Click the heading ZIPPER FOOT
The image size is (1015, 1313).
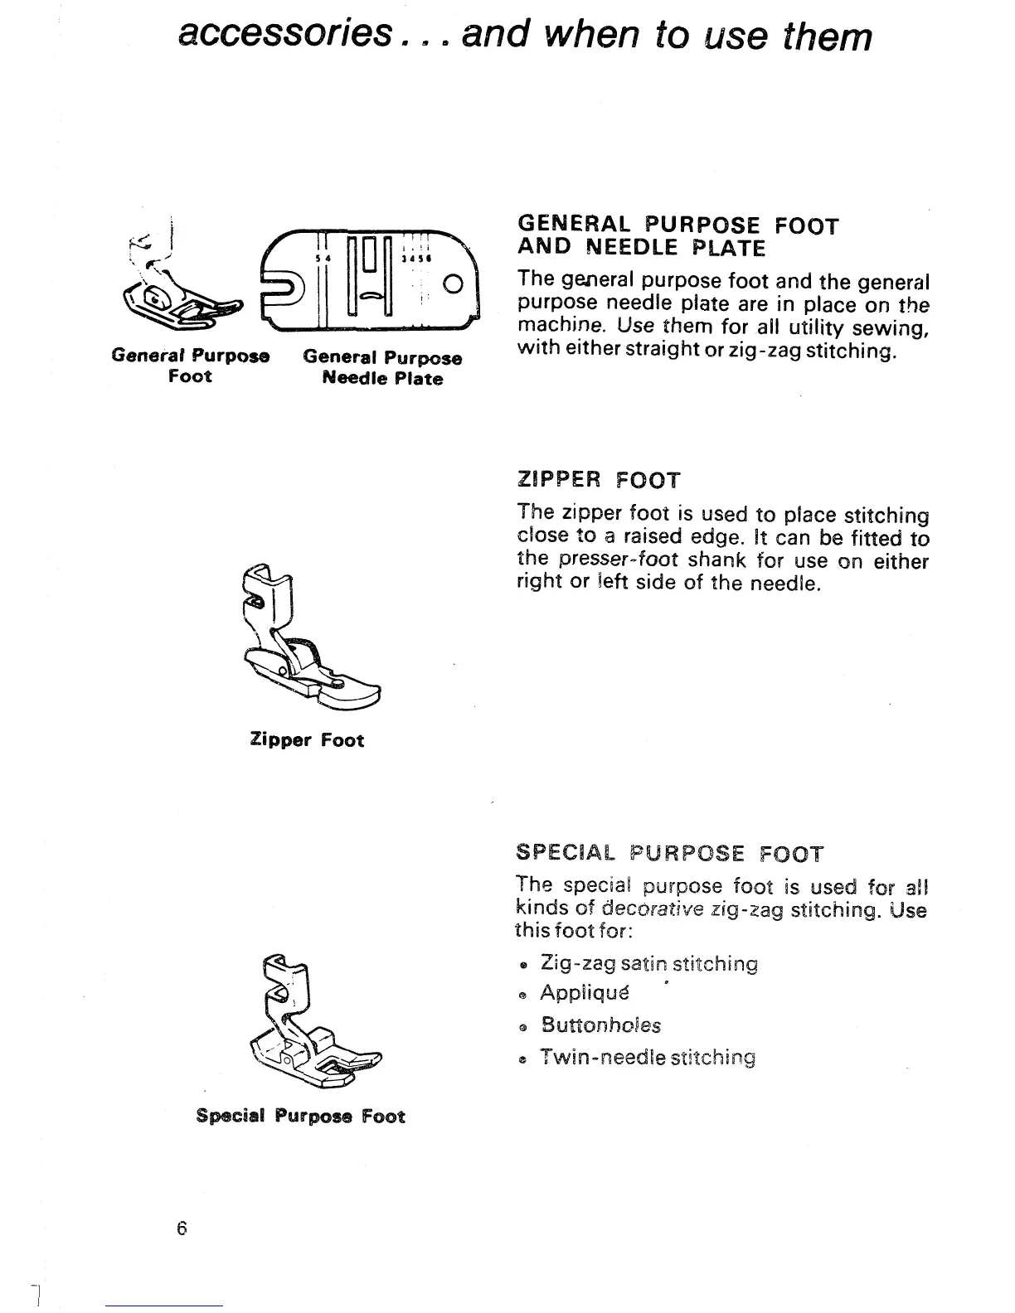(598, 480)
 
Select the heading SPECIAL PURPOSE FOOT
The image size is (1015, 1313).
(669, 854)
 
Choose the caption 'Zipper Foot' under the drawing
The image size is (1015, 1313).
(307, 740)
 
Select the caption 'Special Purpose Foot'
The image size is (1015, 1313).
(300, 1116)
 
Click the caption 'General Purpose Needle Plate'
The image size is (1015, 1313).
(382, 368)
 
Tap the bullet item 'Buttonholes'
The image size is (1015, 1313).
(600, 1025)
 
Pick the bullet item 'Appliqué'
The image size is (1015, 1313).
(585, 993)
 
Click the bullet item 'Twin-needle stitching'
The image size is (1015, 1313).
(648, 1059)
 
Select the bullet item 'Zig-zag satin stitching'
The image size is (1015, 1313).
(648, 964)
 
